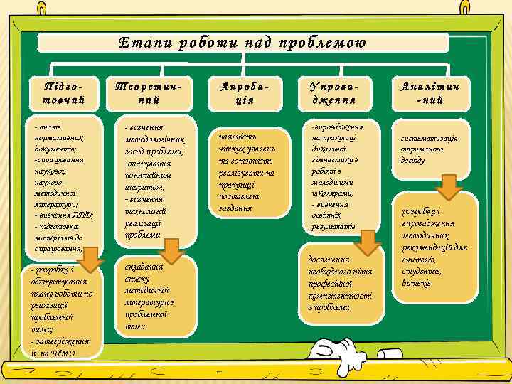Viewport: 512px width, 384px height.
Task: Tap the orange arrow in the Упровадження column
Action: pos(366,242)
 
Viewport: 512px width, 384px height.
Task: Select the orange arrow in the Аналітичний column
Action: pos(449,188)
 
